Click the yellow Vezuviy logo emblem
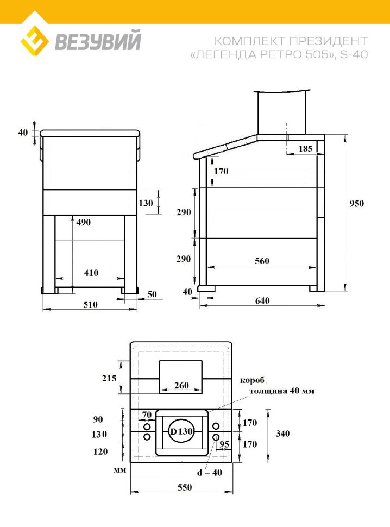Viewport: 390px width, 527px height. tap(35, 40)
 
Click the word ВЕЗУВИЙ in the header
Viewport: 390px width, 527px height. tap(98, 40)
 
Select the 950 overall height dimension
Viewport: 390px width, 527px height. tap(356, 203)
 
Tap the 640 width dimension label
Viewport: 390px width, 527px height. tap(262, 300)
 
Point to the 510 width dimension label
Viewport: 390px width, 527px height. tap(90, 304)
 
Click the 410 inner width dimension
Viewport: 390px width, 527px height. tap(91, 273)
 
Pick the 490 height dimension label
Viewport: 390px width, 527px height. tap(83, 222)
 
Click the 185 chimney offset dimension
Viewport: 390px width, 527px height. tap(305, 148)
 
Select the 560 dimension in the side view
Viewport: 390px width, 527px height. tap(262, 261)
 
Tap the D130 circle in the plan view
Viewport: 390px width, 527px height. tap(181, 431)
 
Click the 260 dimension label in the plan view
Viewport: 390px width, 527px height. tap(181, 385)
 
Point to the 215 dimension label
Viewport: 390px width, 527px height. tap(109, 378)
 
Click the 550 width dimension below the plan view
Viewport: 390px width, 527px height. tap(185, 487)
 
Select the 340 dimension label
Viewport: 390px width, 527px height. tap(282, 434)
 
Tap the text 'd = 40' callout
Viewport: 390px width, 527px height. tap(209, 473)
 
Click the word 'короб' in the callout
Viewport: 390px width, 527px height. tap(252, 380)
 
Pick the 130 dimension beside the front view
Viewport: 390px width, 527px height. tap(146, 203)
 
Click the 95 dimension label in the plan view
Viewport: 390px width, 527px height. tap(224, 444)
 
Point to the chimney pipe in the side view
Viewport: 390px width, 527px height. tap(281, 112)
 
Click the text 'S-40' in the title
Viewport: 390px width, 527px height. tap(354, 54)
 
